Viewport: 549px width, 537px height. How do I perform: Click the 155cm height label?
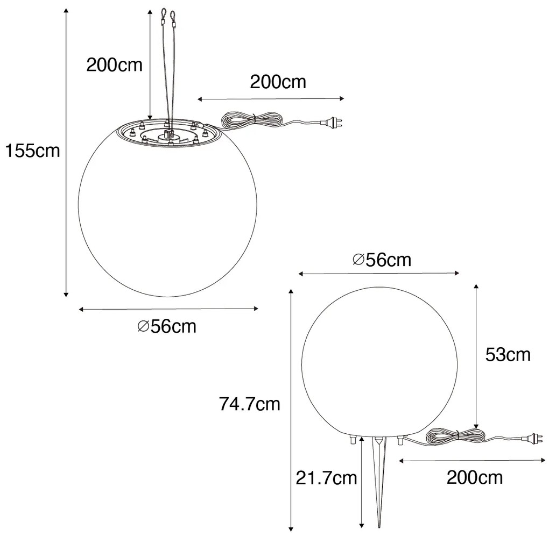(32, 151)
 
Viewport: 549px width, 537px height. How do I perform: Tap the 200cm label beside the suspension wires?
(115, 65)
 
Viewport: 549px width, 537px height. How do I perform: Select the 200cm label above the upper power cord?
(278, 82)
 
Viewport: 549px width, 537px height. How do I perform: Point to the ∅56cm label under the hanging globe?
(167, 326)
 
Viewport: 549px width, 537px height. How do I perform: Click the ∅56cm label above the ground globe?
(382, 260)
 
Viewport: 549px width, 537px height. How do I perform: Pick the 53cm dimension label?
(508, 355)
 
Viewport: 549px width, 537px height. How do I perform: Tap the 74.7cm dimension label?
(250, 404)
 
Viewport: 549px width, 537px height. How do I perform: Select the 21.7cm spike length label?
(327, 477)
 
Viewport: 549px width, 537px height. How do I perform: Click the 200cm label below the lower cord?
(475, 477)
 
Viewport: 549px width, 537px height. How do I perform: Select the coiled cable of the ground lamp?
(451, 435)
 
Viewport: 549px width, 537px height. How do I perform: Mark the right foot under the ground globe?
(400, 440)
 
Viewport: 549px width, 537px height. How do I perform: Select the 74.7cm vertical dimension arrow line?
(291, 409)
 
